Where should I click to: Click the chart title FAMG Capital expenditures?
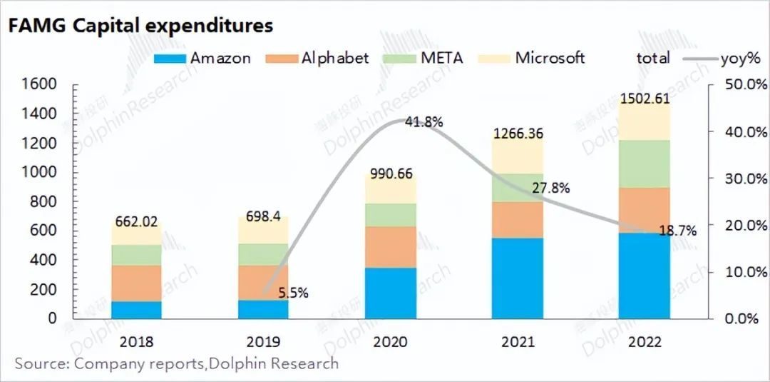140,26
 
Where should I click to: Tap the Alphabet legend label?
334,59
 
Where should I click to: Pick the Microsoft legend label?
550,58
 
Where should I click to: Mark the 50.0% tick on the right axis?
736,85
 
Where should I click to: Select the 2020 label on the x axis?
389,342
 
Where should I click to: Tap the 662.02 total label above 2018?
135,221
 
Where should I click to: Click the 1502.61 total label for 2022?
645,99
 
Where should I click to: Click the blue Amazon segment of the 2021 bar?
517,278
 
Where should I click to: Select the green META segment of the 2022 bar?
644,164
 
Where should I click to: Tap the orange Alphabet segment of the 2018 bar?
135,283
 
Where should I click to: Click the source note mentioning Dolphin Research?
176,364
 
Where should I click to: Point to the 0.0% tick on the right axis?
739,319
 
